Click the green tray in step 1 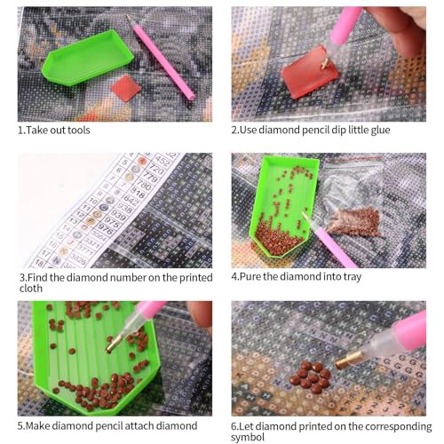(x=87, y=58)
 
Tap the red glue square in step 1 (x=125, y=88)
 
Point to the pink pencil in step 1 (x=160, y=58)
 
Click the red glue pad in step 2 (x=309, y=72)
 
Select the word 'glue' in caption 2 (x=379, y=131)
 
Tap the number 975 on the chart (x=112, y=221)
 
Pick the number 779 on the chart (x=150, y=177)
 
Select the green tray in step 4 (x=283, y=207)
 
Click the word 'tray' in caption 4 (x=353, y=277)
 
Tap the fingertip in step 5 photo (x=200, y=313)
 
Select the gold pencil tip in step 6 (x=348, y=360)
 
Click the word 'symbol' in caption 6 (x=248, y=437)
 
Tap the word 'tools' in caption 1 (x=79, y=131)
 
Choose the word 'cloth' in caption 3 (x=31, y=289)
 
